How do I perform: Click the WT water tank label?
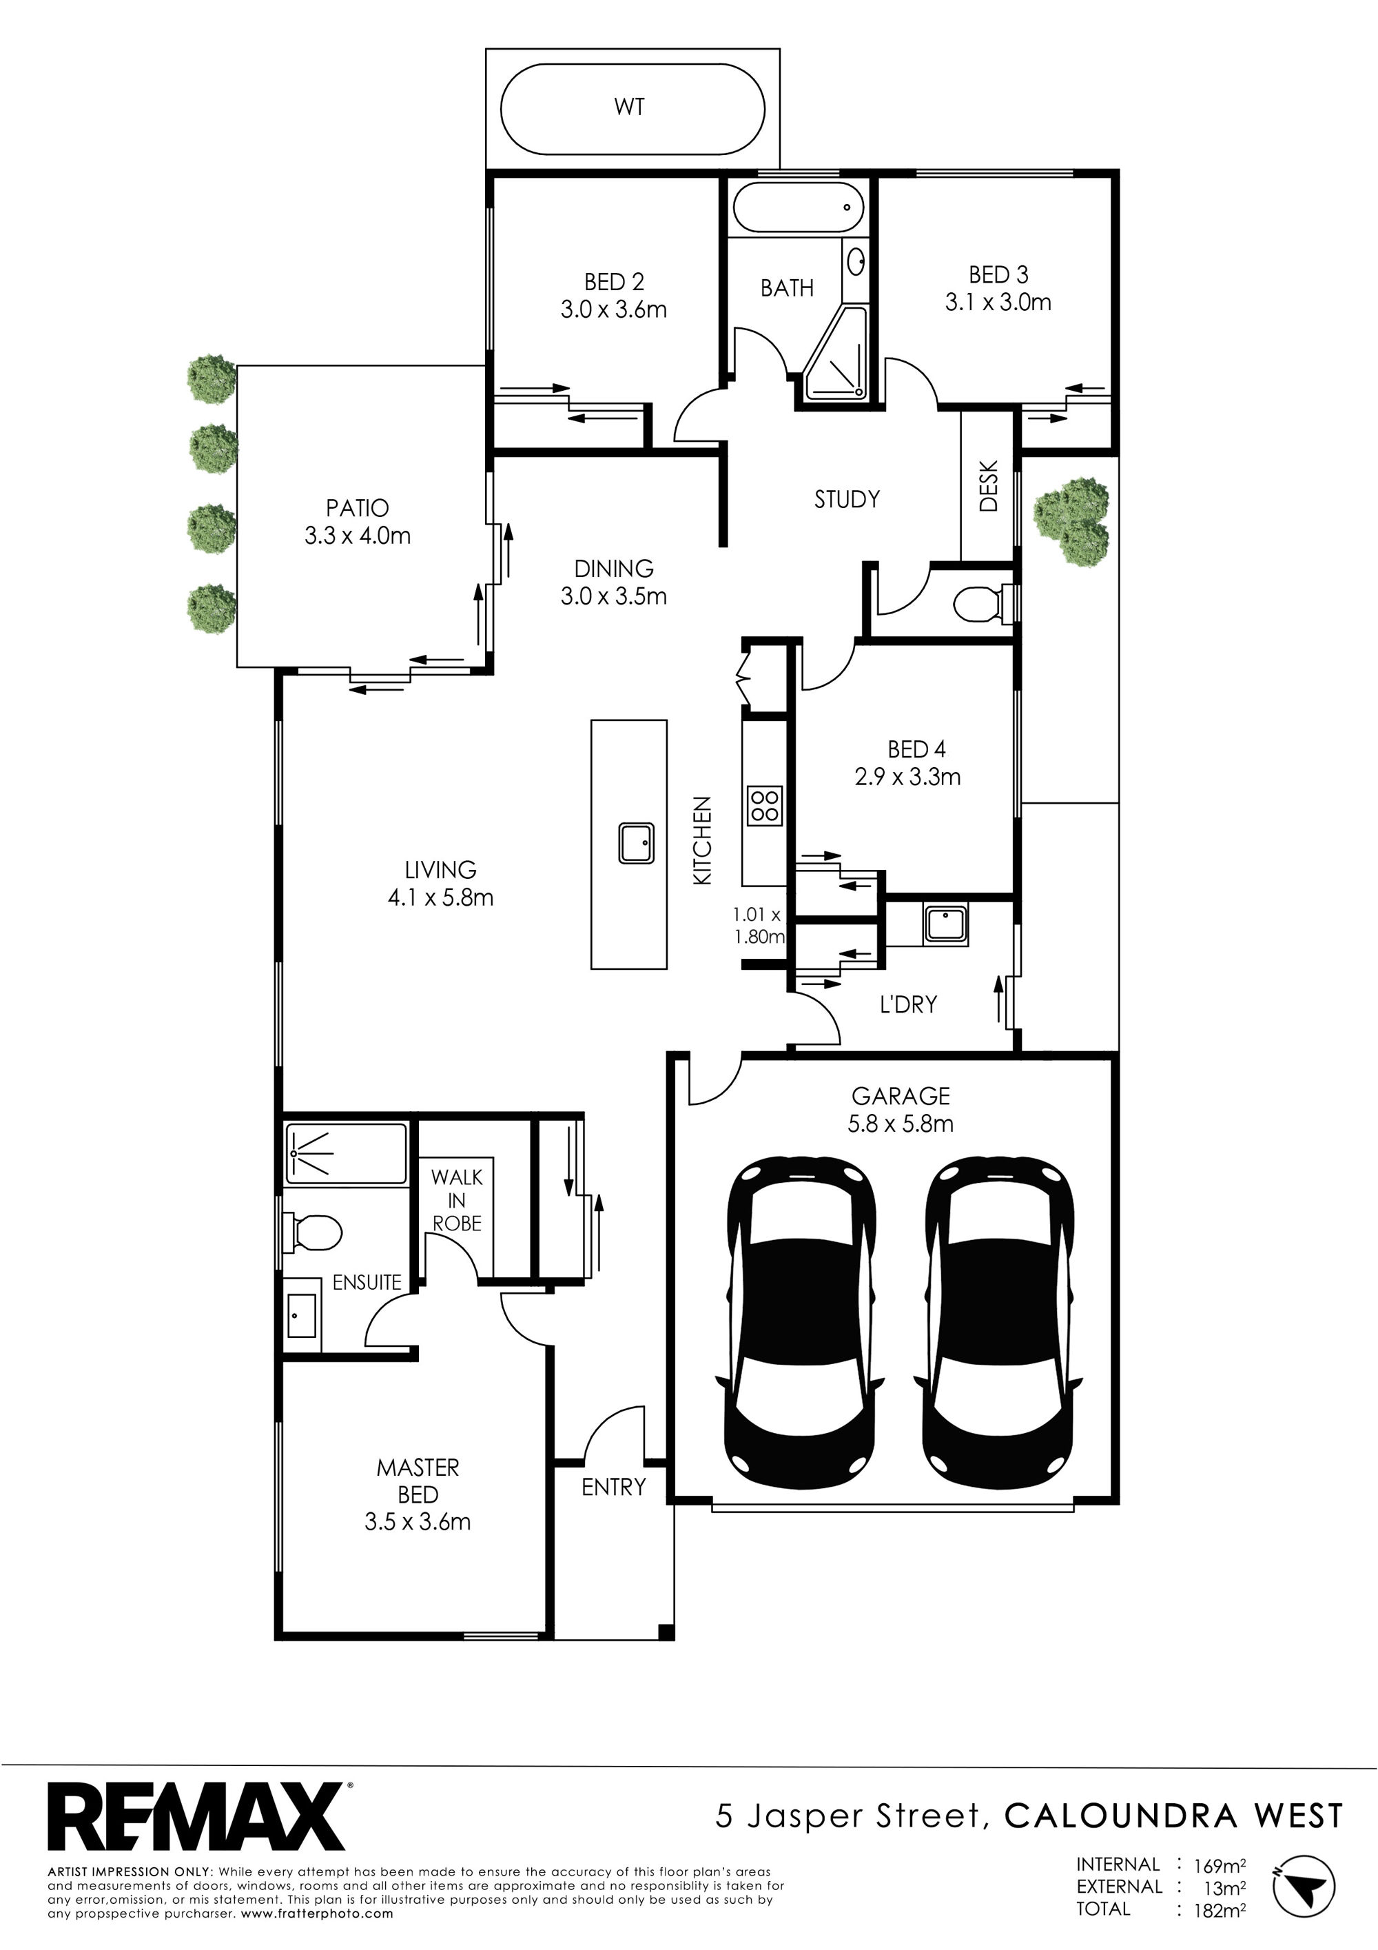tap(629, 107)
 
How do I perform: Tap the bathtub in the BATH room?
tap(797, 207)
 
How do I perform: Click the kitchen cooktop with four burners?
tap(764, 804)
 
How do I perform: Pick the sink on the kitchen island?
tap(635, 842)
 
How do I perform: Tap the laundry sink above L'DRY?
tap(946, 924)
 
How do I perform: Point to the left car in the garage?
tap(799, 1327)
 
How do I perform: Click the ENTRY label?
tap(614, 1486)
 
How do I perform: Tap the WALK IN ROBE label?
tap(457, 1200)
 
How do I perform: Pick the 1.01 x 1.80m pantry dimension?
tap(758, 926)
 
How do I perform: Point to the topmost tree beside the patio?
tap(212, 379)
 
